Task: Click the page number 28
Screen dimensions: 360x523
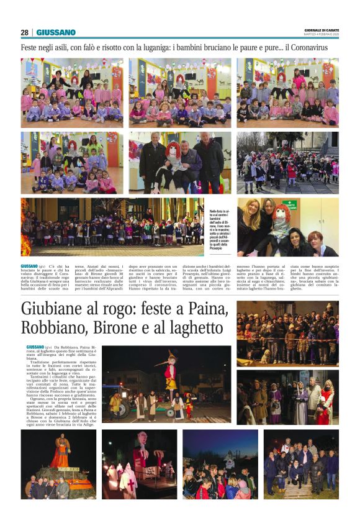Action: pos(25,32)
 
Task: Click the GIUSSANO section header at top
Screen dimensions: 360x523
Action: pos(56,32)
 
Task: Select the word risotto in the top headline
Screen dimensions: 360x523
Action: pos(124,47)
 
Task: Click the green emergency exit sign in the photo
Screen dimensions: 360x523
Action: pos(290,204)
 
